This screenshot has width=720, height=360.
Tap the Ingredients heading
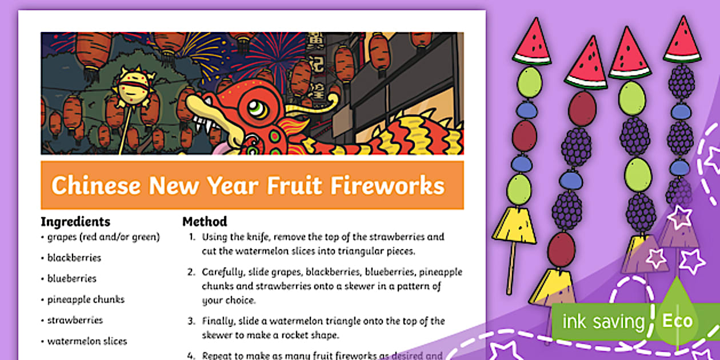[75, 222]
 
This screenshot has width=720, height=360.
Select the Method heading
[205, 222]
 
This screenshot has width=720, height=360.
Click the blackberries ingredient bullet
[74, 258]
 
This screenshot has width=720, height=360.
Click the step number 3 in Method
[192, 321]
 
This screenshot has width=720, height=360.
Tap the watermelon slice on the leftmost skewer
[531, 43]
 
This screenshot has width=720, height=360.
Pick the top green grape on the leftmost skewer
[529, 82]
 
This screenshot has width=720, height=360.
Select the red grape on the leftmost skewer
[525, 135]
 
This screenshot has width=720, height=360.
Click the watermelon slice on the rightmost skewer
[682, 41]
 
